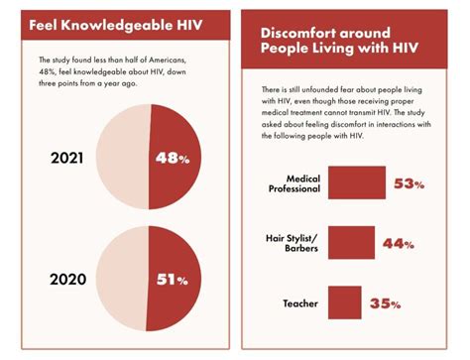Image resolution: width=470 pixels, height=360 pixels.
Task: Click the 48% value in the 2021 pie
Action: (171, 157)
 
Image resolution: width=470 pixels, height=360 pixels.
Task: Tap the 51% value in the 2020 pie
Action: (171, 280)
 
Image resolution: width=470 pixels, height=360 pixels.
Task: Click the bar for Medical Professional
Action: (356, 183)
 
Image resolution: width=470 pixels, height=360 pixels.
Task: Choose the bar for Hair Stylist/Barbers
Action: (351, 244)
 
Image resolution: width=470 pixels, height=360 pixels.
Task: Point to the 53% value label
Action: (409, 184)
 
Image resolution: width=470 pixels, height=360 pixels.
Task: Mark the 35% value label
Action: (386, 303)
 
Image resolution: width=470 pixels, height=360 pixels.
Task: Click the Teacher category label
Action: (297, 302)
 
